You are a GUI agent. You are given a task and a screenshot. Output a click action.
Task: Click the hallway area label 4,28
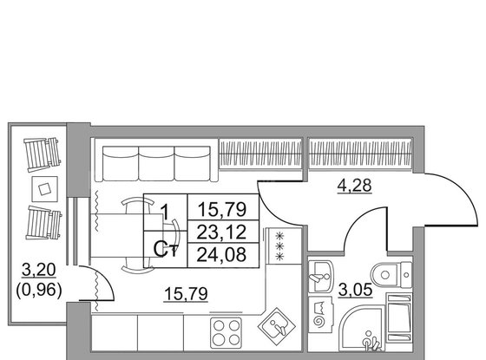(x=354, y=186)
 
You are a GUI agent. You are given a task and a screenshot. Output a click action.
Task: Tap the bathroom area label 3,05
(x=355, y=291)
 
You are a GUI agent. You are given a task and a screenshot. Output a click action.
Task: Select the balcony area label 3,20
(x=39, y=270)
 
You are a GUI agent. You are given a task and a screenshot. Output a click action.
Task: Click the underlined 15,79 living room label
(x=186, y=294)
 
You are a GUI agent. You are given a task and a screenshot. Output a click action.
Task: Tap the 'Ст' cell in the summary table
(x=166, y=250)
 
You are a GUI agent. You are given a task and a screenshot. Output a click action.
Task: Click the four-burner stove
(x=226, y=332)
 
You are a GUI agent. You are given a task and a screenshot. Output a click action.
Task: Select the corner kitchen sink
(x=277, y=325)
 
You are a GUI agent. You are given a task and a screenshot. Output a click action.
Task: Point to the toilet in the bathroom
(x=391, y=274)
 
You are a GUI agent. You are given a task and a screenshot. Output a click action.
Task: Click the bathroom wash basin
(x=321, y=277)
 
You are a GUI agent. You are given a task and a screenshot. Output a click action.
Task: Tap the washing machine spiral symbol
(x=319, y=322)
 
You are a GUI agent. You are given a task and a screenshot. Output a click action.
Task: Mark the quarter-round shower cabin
(x=362, y=329)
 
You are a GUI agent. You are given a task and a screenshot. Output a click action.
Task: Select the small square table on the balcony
(x=45, y=189)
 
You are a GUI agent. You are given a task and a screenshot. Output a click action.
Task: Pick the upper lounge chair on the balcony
(x=42, y=154)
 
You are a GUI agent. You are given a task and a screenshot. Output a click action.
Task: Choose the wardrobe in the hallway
(x=360, y=154)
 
